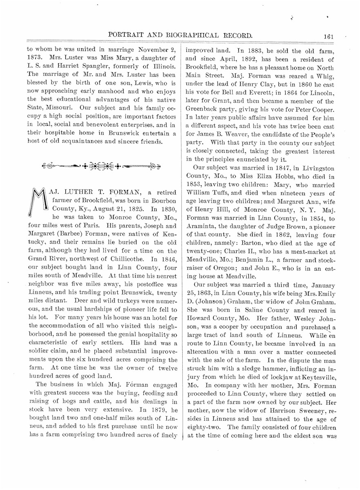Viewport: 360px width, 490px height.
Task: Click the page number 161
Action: point(328,36)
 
